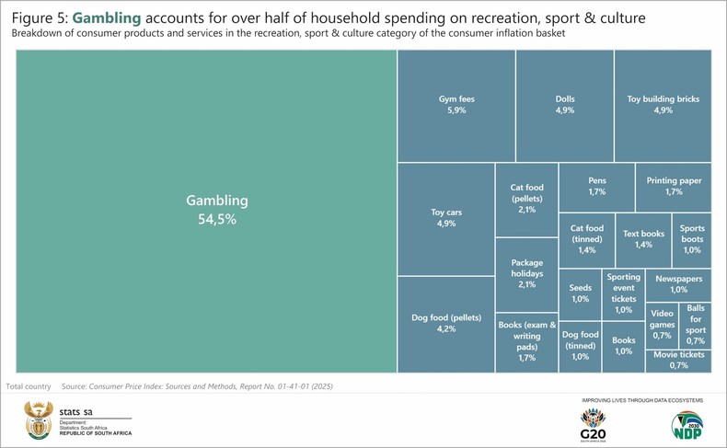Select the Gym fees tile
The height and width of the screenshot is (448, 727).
456,105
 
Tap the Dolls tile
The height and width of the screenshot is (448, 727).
564,105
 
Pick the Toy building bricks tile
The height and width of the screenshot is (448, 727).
663,105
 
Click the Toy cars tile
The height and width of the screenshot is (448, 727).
445,218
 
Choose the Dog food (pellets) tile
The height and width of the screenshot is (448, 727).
445,323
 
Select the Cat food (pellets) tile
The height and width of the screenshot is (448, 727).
526,200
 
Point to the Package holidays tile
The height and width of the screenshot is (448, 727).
526,273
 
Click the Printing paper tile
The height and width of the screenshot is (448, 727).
673,187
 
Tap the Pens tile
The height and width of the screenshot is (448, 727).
595,187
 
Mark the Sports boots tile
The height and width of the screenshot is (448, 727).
692,239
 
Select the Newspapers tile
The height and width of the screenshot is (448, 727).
678,283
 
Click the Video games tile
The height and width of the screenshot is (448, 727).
662,325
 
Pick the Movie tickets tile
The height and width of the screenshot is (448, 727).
678,360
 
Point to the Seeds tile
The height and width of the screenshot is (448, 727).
580,293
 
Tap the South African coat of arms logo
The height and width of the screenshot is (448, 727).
40,421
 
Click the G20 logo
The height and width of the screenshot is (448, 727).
594,424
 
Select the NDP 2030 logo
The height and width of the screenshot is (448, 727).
687,424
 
